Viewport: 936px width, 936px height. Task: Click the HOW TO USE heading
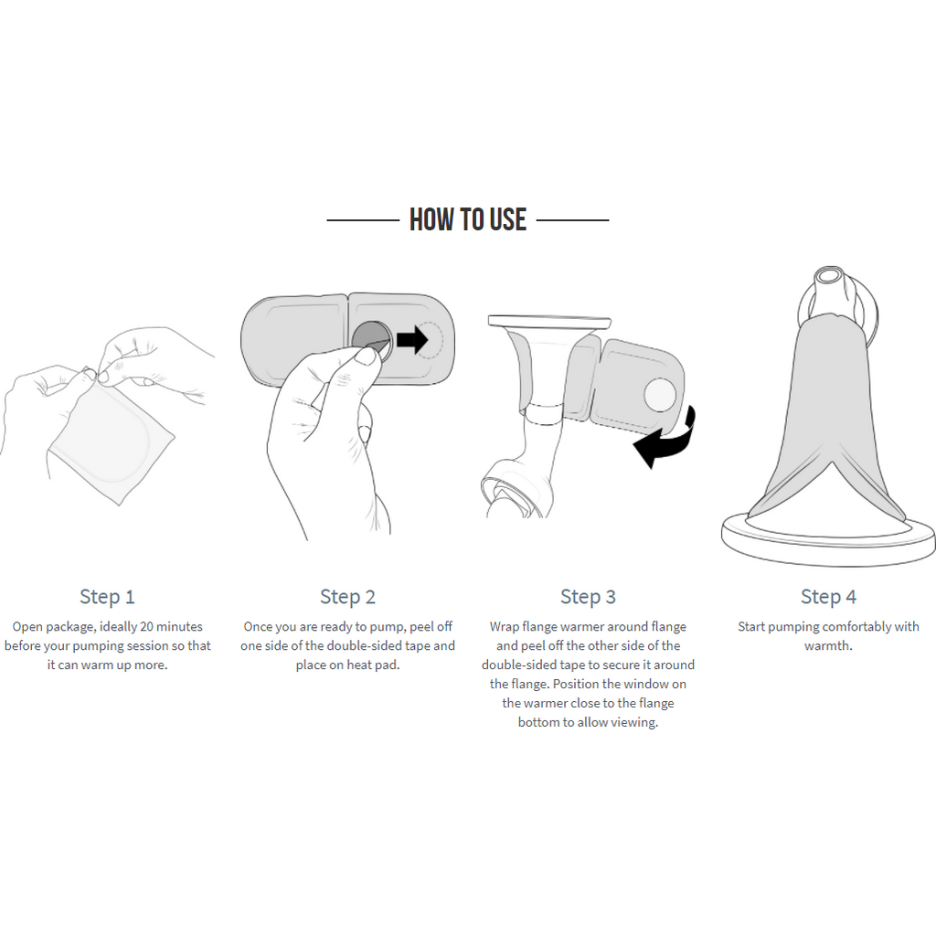(x=467, y=219)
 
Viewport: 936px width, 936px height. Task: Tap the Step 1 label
(x=108, y=596)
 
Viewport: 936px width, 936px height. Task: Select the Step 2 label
(x=347, y=596)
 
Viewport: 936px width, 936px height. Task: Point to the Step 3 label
(x=588, y=596)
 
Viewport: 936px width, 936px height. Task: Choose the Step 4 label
(x=828, y=596)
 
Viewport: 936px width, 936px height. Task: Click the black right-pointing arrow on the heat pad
(x=412, y=340)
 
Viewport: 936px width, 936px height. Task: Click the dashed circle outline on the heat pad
(x=430, y=340)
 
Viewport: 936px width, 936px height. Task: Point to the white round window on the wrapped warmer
(x=660, y=395)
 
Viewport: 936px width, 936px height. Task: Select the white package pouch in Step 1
(x=111, y=441)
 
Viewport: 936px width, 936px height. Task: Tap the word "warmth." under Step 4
(x=828, y=646)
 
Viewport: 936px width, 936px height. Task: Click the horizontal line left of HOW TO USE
(x=363, y=220)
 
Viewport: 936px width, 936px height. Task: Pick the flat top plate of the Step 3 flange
(x=549, y=321)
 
